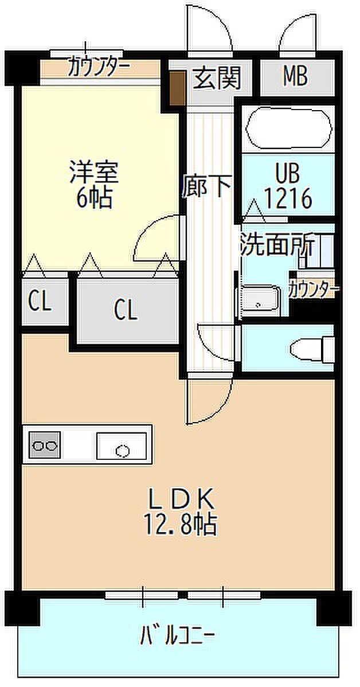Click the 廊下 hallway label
tap(206, 186)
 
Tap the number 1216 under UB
tap(288, 199)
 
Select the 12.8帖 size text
tap(181, 524)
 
